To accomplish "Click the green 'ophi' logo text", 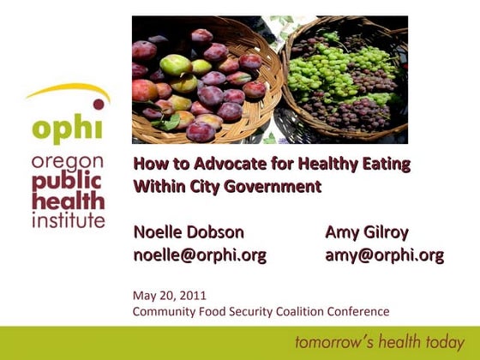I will (66, 129).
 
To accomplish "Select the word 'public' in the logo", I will (66, 183).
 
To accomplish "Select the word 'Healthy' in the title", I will (322, 164).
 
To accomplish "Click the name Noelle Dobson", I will (189, 232).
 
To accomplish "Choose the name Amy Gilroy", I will (367, 232).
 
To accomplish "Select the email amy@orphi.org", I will (384, 255).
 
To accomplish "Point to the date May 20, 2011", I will (170, 296).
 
